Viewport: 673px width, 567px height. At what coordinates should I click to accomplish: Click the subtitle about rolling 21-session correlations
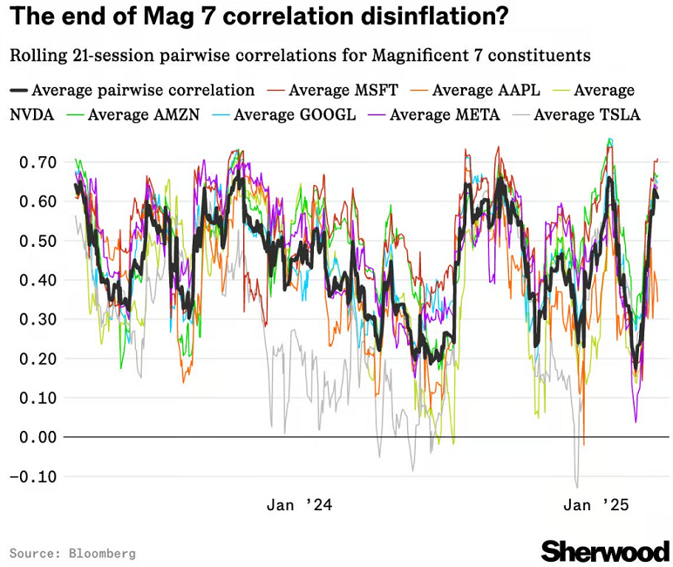(300, 55)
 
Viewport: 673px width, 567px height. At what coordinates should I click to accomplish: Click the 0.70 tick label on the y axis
(38, 162)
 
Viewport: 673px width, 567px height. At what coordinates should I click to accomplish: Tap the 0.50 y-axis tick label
(38, 241)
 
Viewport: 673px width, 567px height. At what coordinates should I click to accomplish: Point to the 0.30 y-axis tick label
(38, 319)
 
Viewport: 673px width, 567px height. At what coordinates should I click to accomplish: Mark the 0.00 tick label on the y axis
(38, 437)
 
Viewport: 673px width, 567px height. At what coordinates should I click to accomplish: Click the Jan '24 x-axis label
(299, 505)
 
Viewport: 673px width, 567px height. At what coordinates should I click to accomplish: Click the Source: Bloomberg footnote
(72, 553)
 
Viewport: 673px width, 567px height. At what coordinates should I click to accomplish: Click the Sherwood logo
(604, 550)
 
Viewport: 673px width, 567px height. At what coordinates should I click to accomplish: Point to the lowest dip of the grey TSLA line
(576, 487)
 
